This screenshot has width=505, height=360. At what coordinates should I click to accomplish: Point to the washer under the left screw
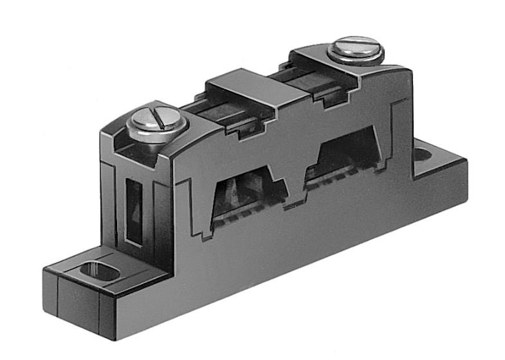point(158,128)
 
